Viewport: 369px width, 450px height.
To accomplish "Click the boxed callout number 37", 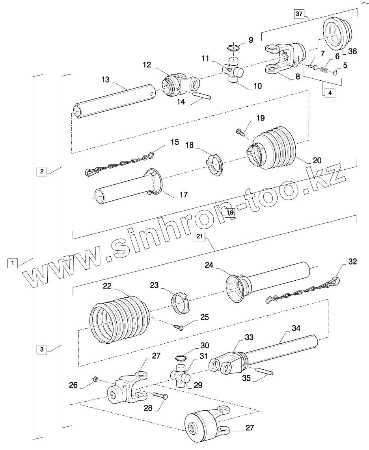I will click(x=299, y=14).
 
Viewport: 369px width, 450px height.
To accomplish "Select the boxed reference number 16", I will click(x=229, y=213).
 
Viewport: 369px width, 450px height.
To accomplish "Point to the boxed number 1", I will click(x=13, y=263).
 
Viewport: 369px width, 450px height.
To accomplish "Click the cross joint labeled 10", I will click(x=235, y=71).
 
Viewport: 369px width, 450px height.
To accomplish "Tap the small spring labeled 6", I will click(x=323, y=70).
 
